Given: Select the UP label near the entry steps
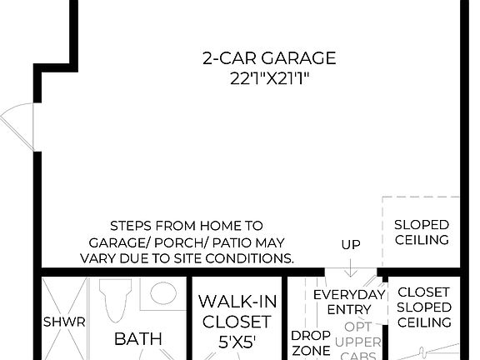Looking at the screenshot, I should tap(351, 245).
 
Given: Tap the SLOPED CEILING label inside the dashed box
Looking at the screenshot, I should tap(421, 232).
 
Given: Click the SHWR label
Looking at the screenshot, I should tap(58, 322).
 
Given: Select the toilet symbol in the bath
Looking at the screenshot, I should tap(113, 300).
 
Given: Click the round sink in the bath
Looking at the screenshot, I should tap(163, 293).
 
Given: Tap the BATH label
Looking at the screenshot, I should tap(137, 339).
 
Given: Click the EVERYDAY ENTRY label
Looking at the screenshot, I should tap(349, 302).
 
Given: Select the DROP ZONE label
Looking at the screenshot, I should tap(310, 342).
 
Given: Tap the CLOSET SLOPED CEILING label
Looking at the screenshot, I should tap(423, 307).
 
